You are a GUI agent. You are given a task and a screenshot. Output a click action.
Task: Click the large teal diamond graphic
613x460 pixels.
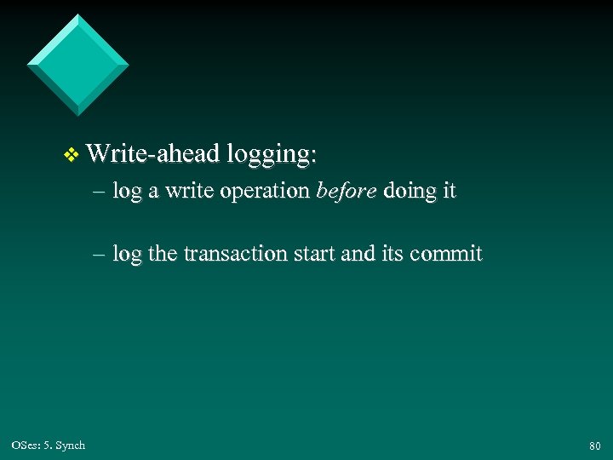(77, 64)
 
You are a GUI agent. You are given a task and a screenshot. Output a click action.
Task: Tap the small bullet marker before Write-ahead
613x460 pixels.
(71, 154)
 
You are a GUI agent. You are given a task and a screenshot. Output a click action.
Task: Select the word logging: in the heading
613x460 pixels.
(270, 155)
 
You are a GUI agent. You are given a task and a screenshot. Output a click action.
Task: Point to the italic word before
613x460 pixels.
(347, 191)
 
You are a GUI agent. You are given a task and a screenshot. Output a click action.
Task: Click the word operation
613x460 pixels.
(265, 193)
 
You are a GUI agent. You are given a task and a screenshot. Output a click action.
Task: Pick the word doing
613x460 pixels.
(410, 193)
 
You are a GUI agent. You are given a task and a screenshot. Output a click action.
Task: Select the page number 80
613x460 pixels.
(594, 446)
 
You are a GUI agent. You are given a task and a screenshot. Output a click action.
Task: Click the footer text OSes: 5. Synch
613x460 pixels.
(49, 445)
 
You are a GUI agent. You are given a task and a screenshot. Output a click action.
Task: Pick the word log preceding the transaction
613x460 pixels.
(127, 255)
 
